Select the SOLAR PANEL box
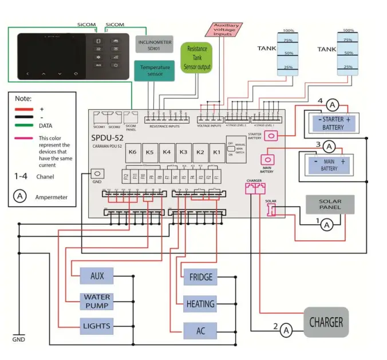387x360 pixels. pos(329,204)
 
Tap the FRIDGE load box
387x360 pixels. pos(200,278)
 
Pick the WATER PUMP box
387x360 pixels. pos(97,301)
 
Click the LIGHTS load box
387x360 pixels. pos(97,326)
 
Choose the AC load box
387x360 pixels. pos(200,330)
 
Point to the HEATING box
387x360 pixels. pos(200,304)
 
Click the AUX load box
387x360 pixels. pos(97,275)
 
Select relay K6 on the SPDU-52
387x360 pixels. pos(132,152)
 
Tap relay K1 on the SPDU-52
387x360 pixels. pos(216,152)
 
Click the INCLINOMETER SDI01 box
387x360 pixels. pos(155,45)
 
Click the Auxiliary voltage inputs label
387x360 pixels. pos(226,30)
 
